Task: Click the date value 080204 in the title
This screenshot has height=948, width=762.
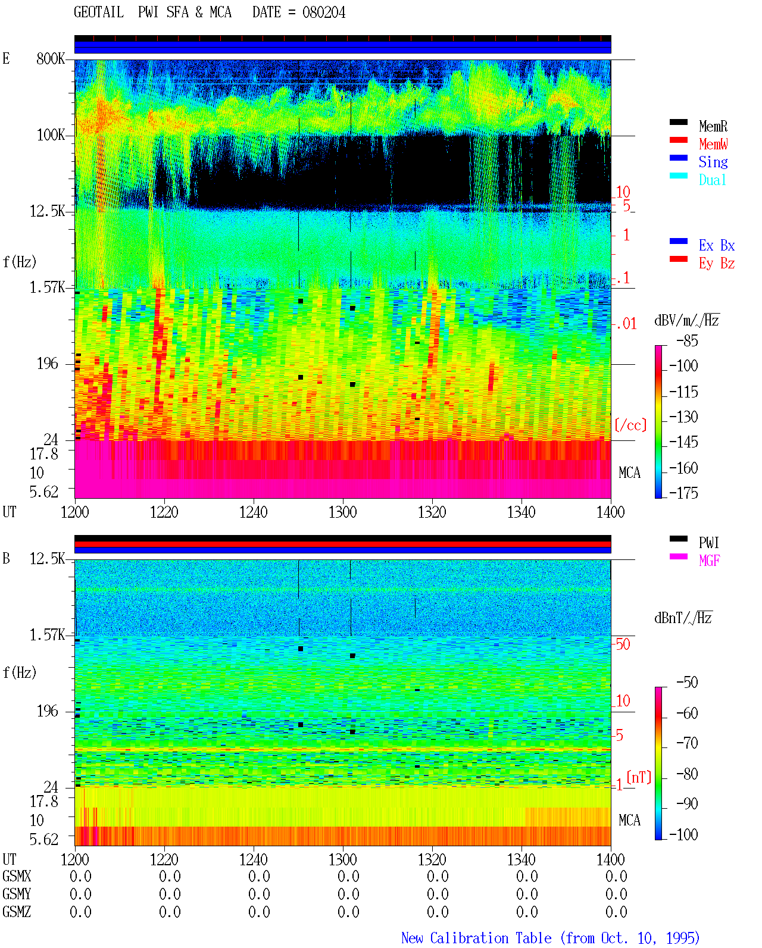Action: coord(324,12)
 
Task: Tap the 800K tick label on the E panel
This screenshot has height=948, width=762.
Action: coord(51,58)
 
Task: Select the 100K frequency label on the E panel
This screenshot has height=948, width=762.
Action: coord(51,135)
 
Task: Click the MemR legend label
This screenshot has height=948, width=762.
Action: coord(713,126)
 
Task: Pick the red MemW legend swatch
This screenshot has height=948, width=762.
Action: coord(678,140)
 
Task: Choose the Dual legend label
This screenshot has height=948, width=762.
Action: coord(713,180)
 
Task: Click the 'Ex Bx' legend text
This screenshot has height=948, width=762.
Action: coord(717,245)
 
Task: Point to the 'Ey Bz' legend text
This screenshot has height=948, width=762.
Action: coord(717,264)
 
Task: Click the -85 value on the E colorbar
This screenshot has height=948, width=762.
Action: coord(688,341)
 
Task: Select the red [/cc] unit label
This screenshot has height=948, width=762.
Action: coord(630,425)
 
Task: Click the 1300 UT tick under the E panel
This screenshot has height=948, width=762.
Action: coord(342,512)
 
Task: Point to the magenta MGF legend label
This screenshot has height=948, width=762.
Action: coord(709,561)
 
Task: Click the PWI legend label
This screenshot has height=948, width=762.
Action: coord(709,543)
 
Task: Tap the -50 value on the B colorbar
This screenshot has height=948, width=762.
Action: coord(688,683)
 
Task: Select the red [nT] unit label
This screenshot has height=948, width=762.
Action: coord(639,777)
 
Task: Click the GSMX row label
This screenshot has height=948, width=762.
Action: coord(17,876)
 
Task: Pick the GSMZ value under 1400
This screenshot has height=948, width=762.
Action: coord(616,912)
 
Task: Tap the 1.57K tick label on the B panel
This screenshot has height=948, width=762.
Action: coord(47,635)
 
